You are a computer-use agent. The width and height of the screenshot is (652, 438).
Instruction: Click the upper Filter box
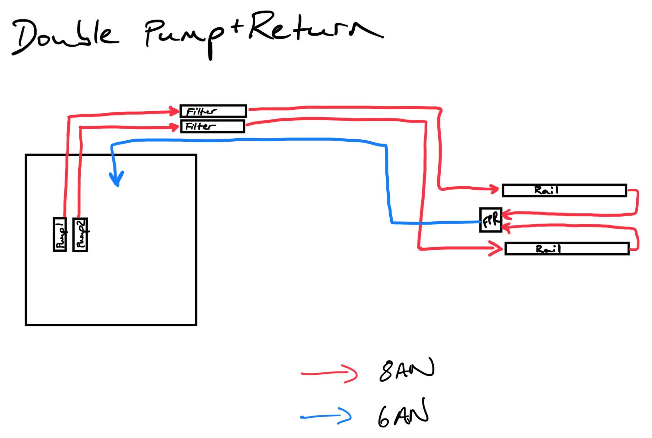coord(213,111)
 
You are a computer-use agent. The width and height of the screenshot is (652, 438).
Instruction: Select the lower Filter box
coord(212,126)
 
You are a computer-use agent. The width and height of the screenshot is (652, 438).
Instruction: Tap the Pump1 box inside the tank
coord(60,234)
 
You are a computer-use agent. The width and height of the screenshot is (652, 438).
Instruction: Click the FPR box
coord(490,220)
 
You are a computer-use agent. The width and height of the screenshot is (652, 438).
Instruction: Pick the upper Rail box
coord(564,191)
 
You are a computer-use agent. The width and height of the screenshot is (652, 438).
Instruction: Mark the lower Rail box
coord(567,249)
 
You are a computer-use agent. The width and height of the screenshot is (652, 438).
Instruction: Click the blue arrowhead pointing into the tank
coord(116,179)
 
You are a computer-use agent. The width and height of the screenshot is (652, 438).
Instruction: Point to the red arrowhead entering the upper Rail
coord(493,189)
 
